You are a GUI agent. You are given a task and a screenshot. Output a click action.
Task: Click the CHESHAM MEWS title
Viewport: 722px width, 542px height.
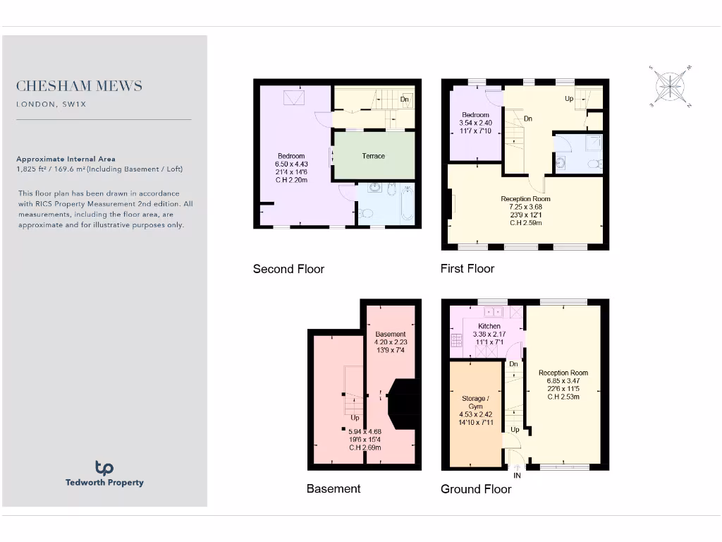coord(79,86)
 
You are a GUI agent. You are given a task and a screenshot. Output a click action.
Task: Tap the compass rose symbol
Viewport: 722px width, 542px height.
coord(671,86)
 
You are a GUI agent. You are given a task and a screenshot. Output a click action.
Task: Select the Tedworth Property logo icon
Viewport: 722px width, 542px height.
coord(104,467)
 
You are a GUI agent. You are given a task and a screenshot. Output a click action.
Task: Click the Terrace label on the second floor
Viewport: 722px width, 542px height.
coord(374,156)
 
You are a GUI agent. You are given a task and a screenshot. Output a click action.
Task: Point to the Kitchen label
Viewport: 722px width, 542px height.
coord(489,326)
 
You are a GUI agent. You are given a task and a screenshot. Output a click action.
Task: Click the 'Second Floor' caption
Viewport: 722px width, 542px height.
coord(288,269)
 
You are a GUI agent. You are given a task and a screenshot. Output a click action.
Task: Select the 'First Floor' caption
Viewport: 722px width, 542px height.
coord(467,268)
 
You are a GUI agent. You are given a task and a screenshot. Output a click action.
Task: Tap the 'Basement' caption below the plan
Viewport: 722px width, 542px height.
coord(334,488)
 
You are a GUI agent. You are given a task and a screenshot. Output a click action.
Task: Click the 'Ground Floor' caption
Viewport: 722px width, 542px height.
coord(476,488)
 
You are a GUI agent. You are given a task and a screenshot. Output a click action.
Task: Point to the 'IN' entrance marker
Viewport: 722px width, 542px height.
coord(517,476)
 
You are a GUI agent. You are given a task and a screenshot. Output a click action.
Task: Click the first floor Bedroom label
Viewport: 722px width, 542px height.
coord(475,115)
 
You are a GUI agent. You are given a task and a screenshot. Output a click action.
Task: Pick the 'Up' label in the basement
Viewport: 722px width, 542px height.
coord(355,418)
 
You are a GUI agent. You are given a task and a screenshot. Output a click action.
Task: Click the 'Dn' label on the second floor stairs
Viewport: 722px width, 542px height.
coord(404,100)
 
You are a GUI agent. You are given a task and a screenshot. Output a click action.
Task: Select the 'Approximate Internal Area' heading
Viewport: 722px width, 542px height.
coord(66,159)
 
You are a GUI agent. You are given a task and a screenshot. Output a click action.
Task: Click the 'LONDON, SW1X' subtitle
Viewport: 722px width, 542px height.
coord(51,104)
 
